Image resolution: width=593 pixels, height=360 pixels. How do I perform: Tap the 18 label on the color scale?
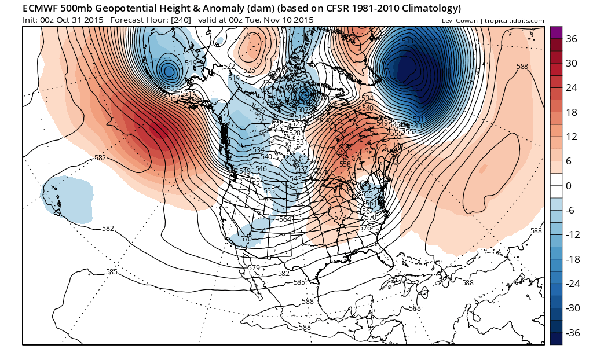point(572,112)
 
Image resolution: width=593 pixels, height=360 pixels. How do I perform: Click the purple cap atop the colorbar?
point(556,32)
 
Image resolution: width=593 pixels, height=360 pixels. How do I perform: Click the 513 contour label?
point(408,41)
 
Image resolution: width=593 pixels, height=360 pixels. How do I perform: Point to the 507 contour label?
point(302,110)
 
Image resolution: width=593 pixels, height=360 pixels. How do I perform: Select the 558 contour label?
point(345,164)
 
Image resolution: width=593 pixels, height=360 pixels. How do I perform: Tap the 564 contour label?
point(285,219)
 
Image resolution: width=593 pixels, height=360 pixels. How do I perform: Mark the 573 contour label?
point(340,217)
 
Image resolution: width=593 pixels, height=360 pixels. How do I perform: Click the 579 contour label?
point(253,267)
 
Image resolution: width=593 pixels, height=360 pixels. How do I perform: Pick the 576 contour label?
point(365,228)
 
